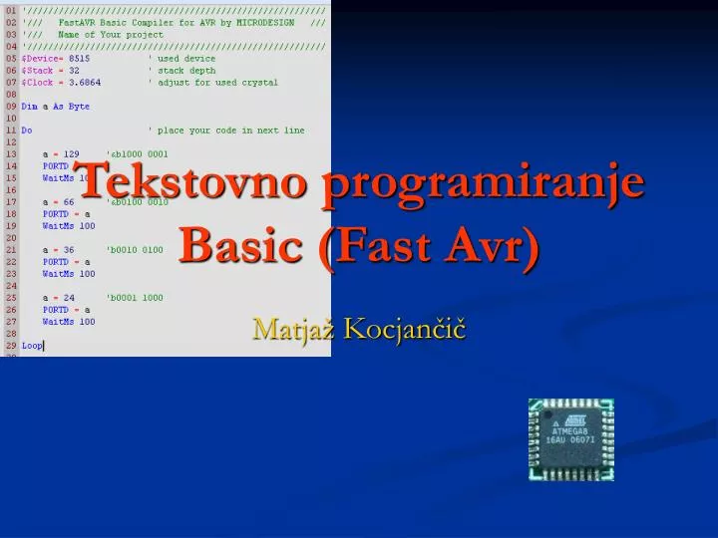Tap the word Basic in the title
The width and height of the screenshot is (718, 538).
240,243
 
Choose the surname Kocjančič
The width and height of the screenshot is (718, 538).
404,328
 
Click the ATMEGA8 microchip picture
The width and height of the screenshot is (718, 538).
570,439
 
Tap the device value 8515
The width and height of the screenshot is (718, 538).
79,58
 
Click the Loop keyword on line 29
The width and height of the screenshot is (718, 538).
32,346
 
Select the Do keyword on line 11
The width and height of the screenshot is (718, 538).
27,130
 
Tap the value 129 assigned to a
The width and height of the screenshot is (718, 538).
73,153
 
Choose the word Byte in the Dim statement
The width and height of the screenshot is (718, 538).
79,106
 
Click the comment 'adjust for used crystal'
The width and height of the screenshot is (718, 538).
212,82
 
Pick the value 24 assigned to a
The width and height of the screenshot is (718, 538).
70,298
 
